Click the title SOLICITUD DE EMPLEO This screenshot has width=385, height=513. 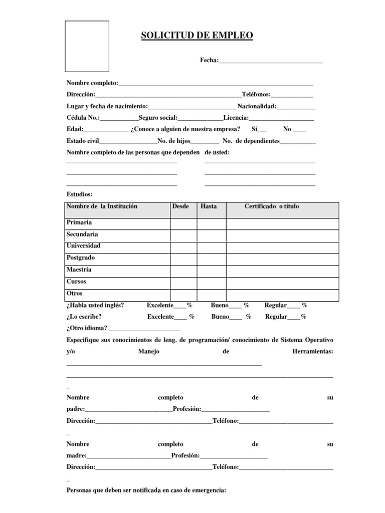[197, 35]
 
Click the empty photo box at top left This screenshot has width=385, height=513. [87, 46]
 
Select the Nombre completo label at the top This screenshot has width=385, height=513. [92, 83]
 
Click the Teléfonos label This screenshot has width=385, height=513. [256, 94]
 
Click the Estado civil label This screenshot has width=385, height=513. [83, 141]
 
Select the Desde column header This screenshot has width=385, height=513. [180, 206]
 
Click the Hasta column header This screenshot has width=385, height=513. [209, 206]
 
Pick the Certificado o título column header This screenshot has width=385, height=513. [272, 206]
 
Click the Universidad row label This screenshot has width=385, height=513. [83, 246]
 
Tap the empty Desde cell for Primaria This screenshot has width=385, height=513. [183, 223]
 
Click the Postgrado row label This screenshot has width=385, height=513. [81, 258]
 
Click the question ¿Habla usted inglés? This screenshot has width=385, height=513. [95, 305]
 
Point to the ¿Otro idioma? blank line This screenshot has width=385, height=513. [144, 329]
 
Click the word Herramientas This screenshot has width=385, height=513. [312, 352]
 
